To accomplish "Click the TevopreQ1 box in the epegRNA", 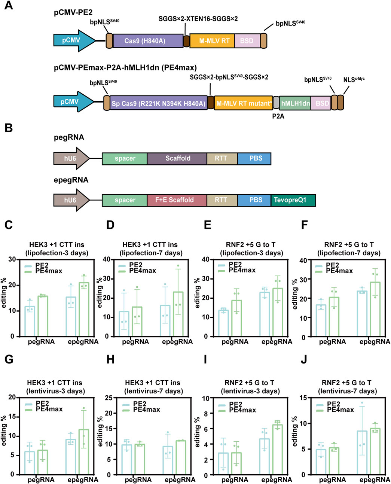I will point(293,200).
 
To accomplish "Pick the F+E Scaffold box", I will point(176,200).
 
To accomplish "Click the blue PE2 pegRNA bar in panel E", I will point(223,323).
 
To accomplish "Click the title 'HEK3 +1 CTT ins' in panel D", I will point(151,245).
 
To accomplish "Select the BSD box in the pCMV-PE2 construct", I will point(247,41).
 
